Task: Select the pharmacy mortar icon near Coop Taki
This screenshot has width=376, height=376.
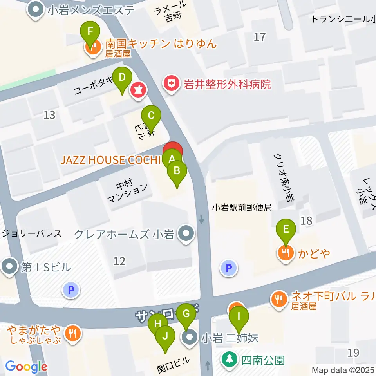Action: [138, 90]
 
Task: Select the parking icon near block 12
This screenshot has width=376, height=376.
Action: [71, 290]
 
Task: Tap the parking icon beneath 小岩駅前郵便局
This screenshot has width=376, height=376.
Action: [229, 268]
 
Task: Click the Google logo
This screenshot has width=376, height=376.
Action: [27, 367]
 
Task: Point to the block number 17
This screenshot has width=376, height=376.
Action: [259, 37]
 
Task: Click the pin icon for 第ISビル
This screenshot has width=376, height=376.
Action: [9, 267]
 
